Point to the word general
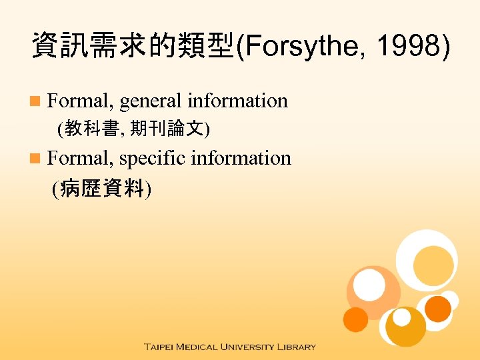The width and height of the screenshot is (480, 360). tap(151, 101)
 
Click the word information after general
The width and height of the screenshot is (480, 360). tap(237, 101)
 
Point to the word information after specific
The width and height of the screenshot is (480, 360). tap(241, 158)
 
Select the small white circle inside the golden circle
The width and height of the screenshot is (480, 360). tap(401, 318)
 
